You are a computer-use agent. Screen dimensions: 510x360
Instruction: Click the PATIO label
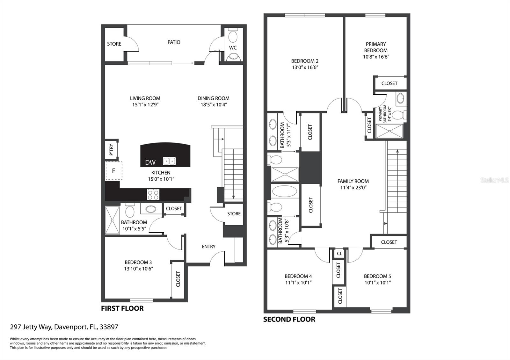point(174,42)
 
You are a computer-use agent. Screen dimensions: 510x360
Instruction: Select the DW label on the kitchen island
point(150,162)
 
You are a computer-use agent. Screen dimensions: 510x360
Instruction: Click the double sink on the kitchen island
point(169,161)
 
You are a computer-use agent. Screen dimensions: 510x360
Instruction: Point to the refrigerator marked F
point(113,171)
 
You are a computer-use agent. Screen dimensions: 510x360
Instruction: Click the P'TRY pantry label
point(111,149)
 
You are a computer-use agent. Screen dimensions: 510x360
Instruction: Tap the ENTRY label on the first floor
point(208,247)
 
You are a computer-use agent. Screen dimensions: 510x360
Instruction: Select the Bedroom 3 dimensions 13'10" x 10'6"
point(138,269)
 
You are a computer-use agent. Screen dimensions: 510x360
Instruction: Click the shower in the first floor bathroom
point(112,220)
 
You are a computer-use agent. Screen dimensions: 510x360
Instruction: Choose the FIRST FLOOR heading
point(122,308)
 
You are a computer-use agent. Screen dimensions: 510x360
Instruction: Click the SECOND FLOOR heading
point(289,319)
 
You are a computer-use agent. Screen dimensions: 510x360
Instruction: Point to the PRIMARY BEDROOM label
point(376,47)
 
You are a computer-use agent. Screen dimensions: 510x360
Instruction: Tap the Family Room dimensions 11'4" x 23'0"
point(353,188)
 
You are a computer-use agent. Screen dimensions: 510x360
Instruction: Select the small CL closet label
point(339,254)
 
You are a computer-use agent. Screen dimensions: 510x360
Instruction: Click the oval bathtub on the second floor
point(285,191)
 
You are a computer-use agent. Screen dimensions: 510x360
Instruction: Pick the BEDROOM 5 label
point(377,276)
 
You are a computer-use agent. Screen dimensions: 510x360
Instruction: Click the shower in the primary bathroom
point(389,131)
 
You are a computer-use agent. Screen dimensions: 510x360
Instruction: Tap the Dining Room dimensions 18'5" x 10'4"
point(214,105)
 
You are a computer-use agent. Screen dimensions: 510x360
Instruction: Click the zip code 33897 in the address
point(109,327)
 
